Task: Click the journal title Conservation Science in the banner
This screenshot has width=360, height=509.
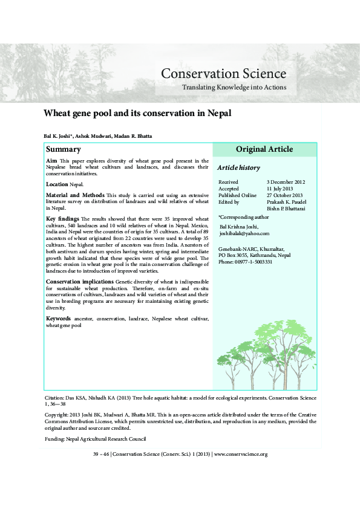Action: point(223,74)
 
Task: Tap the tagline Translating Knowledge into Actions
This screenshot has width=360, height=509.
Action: point(234,88)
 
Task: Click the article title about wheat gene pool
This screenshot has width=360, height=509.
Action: point(137,113)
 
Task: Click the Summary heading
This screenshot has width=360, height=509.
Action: point(64,149)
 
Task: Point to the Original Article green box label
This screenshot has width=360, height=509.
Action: point(264,149)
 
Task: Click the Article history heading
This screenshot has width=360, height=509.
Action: point(238,167)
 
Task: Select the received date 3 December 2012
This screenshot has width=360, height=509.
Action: point(286,182)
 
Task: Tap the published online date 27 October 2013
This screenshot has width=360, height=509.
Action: point(285,195)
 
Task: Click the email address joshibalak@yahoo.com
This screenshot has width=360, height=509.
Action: point(244,233)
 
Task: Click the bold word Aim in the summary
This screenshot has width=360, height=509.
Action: point(51,161)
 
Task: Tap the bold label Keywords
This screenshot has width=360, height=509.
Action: point(59,318)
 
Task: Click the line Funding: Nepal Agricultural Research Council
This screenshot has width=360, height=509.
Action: point(96,439)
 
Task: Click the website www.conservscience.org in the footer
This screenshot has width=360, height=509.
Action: point(241,454)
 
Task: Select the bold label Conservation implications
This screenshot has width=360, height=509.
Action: point(79,282)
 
